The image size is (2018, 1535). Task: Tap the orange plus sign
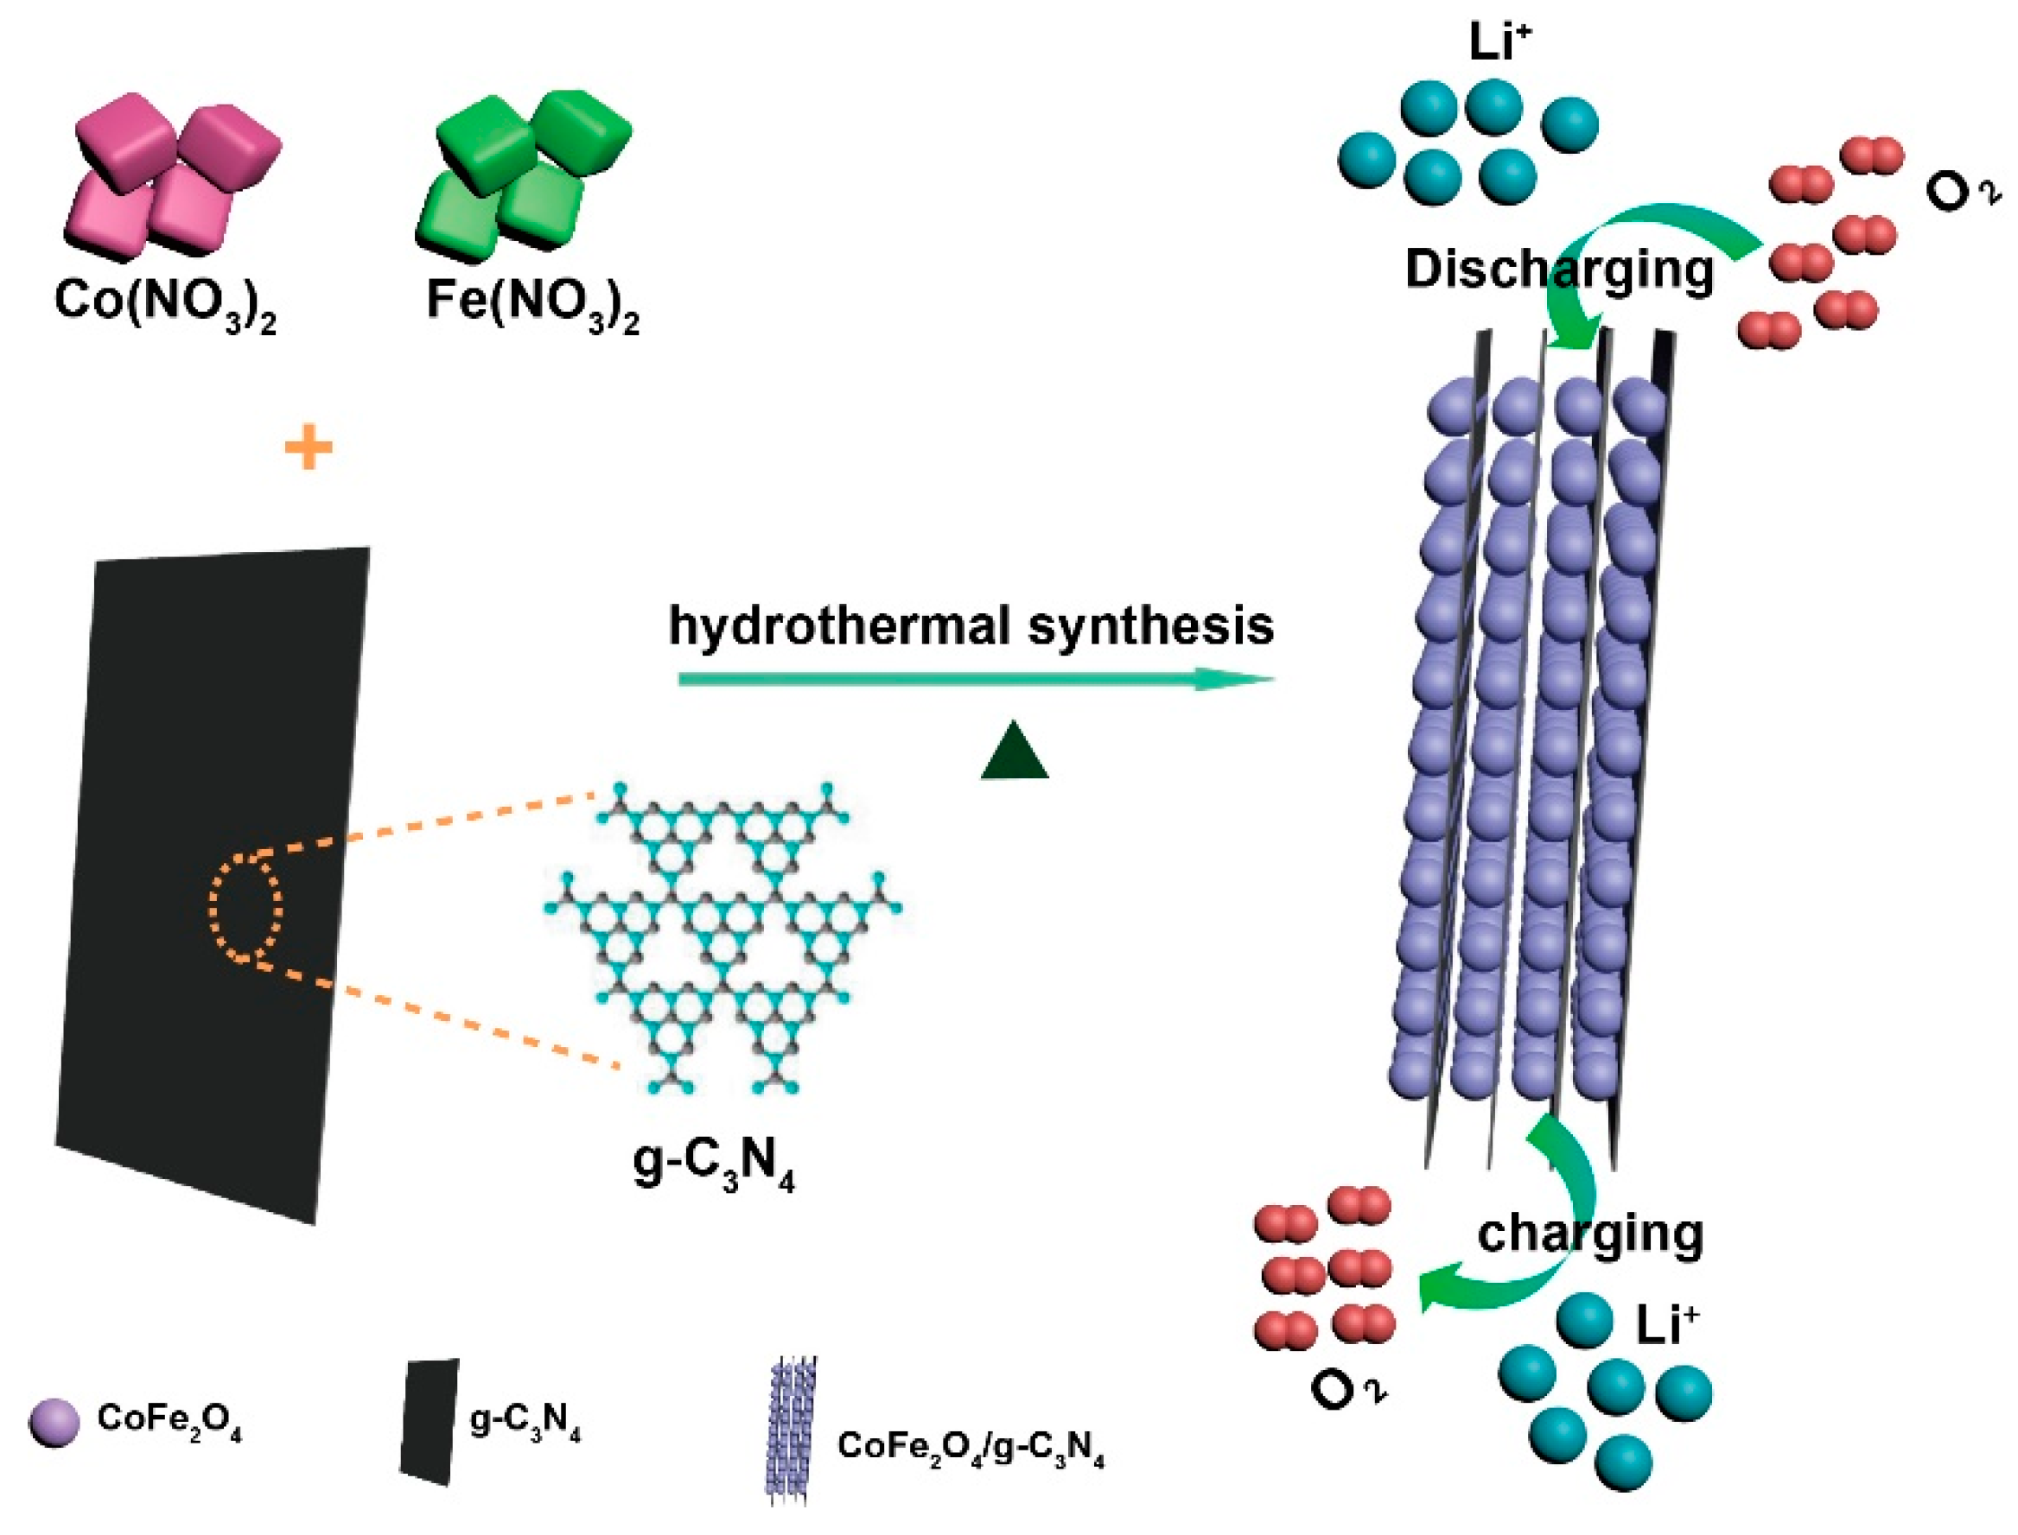[x=309, y=448]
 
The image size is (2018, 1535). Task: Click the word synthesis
[x=1150, y=628]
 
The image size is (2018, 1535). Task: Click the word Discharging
[x=1559, y=270]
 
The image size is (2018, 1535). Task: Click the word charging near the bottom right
[x=1590, y=1234]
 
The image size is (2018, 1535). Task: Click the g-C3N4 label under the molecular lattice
[x=714, y=1166]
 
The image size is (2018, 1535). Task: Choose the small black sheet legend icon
[x=428, y=1422]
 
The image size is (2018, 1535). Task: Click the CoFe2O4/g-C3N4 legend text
[x=971, y=1446]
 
